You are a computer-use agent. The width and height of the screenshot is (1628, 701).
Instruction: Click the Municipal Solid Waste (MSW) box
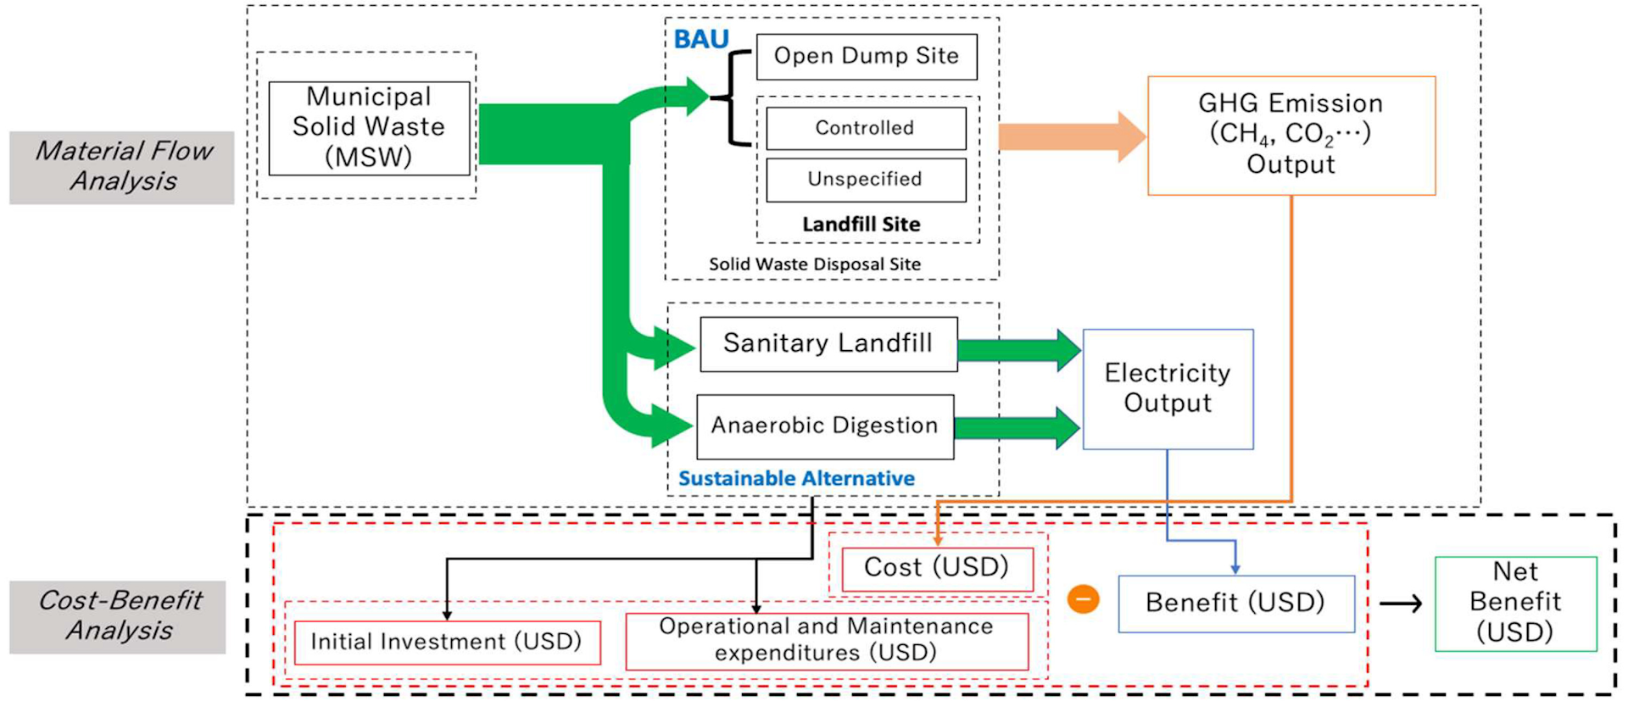click(x=369, y=128)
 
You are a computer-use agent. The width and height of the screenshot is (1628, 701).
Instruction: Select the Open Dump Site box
click(x=866, y=57)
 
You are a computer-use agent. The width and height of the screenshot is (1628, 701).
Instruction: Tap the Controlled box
click(x=865, y=128)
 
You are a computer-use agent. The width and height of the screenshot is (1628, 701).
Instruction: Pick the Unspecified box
click(x=865, y=180)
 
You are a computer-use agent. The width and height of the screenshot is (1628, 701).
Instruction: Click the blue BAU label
click(x=701, y=39)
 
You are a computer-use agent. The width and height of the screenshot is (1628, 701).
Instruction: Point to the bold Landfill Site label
click(x=861, y=225)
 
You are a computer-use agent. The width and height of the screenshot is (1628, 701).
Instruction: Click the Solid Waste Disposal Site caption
click(x=814, y=264)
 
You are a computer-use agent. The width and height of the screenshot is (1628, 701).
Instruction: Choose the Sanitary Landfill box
click(x=828, y=343)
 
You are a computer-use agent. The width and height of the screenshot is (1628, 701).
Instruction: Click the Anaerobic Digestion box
click(x=824, y=426)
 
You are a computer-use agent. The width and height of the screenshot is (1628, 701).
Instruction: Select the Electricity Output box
click(x=1168, y=388)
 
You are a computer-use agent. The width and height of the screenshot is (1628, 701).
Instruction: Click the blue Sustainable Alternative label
click(x=796, y=479)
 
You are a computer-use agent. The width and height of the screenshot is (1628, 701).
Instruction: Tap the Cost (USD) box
click(x=936, y=568)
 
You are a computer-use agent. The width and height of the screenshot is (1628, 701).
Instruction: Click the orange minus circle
click(x=1083, y=599)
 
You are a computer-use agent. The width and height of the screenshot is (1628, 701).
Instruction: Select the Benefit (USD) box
click(x=1235, y=603)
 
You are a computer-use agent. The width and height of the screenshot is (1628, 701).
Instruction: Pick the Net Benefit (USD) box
click(x=1515, y=603)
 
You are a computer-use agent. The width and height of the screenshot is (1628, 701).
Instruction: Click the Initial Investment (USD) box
click(x=447, y=642)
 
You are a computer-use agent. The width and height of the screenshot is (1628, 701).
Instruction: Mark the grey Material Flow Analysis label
click(x=122, y=167)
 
